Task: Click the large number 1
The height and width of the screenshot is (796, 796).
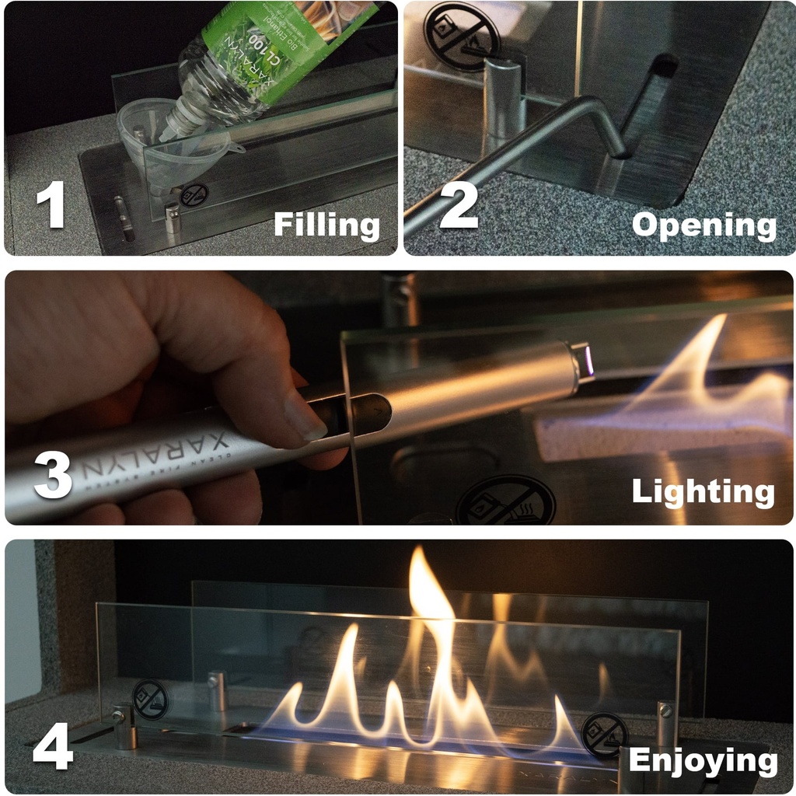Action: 51,204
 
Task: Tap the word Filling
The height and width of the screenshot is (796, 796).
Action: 326,225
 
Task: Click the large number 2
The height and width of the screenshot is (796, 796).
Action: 459,204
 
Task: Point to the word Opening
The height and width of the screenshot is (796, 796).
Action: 703,225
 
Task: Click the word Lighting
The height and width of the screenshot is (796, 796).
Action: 703,492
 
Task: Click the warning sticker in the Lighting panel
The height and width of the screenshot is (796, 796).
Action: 505,501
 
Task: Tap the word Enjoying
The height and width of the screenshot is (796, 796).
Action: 703,761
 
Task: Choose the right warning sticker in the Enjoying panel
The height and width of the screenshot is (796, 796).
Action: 605,735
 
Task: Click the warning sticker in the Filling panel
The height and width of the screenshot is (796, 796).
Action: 194,195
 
